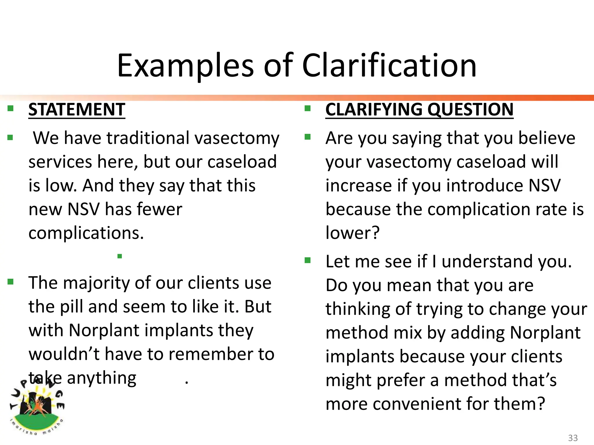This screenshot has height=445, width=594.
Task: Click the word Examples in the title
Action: point(186,66)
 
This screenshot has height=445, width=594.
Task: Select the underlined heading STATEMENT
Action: point(77,110)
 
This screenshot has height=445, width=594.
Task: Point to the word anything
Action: point(102,378)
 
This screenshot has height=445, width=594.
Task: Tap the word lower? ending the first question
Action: point(352,233)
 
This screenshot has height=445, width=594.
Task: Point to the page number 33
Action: point(573,438)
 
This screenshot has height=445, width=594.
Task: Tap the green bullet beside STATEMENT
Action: point(11,109)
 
